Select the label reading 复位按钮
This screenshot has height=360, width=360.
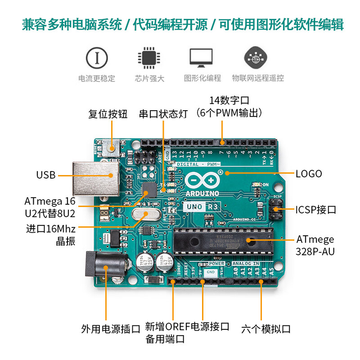pos(108,114)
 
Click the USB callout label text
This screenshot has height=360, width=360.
pos(46,175)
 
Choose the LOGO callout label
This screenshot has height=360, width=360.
pos(309,173)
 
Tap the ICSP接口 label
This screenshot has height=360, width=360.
pos(315,210)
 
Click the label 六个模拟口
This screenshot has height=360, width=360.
pos(266,328)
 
